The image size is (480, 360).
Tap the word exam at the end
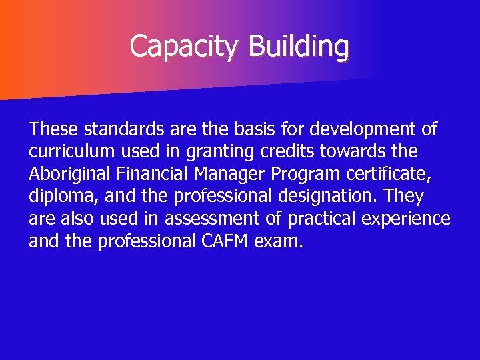[x=279, y=241]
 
